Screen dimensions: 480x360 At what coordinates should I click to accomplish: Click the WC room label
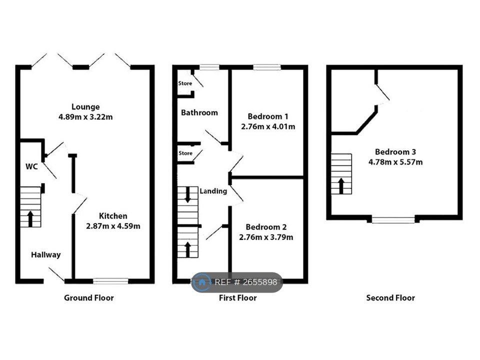[31, 166]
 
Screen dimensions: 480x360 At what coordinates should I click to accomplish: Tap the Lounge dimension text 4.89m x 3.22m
[85, 117]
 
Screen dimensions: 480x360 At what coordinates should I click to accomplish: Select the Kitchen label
[113, 216]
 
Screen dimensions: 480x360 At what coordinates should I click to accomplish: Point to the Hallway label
[46, 254]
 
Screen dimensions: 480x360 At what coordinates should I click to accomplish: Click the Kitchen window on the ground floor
[110, 281]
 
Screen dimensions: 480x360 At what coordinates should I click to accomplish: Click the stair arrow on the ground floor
[30, 218]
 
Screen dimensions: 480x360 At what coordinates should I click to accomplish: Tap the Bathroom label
[199, 112]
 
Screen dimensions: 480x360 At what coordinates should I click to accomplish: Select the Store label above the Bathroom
[185, 83]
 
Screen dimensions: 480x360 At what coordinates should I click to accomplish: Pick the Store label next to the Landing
[185, 153]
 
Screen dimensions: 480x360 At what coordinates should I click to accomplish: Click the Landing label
[213, 191]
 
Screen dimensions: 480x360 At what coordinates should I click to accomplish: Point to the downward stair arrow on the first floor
[187, 194]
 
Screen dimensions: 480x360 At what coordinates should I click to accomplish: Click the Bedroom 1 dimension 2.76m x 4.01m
[268, 126]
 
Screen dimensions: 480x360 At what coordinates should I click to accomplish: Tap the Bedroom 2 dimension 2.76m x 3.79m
[266, 237]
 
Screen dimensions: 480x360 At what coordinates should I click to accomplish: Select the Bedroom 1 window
[267, 67]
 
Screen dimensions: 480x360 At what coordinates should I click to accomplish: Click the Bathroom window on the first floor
[209, 67]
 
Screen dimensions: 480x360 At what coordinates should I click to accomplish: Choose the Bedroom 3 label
[395, 152]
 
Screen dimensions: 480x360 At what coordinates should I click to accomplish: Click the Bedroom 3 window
[393, 219]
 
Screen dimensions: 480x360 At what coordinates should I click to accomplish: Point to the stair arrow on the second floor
[341, 186]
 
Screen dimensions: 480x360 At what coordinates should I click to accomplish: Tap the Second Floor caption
[390, 298]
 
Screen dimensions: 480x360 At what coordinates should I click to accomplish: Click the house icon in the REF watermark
[201, 282]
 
